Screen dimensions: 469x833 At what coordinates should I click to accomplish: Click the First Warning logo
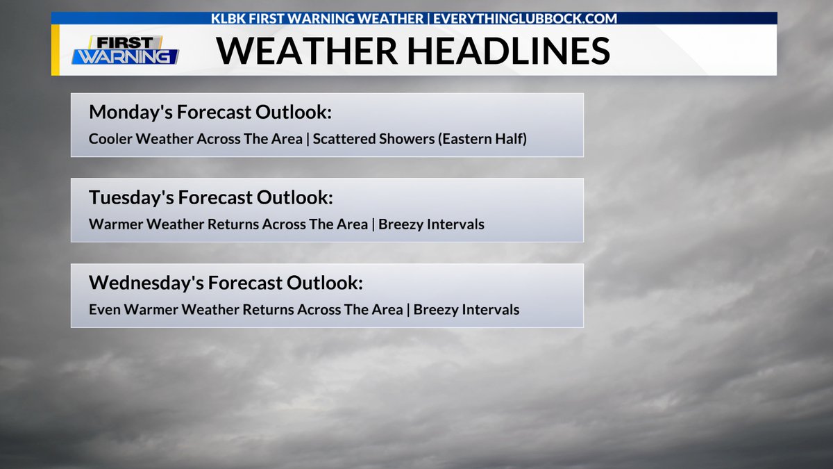(125, 50)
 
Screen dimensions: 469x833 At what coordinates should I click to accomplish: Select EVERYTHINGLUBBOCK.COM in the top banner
(525, 18)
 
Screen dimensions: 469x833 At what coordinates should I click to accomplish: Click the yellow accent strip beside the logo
(55, 50)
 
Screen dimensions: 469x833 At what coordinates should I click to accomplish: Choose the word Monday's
(131, 112)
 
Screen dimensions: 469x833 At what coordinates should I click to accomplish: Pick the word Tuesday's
(132, 197)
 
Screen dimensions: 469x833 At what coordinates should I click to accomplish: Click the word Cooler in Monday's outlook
(110, 139)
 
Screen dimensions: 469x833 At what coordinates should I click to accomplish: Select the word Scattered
(343, 139)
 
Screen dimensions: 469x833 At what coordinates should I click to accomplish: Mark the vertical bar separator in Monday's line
(308, 139)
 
